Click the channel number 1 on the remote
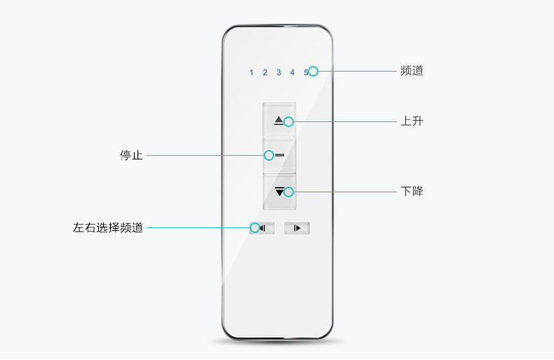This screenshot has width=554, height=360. click(251, 72)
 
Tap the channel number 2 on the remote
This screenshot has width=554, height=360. click(265, 72)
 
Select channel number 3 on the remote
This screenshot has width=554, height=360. click(279, 72)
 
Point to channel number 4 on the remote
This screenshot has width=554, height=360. click(292, 72)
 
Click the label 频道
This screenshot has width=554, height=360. click(412, 71)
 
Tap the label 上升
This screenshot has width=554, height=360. click(412, 121)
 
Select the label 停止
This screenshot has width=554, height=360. click(131, 155)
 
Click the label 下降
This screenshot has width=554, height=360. click(412, 192)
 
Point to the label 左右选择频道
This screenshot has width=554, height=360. click(108, 227)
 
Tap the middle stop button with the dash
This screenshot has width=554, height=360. click(280, 156)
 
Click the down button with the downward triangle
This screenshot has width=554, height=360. click(280, 192)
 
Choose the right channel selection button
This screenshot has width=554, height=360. click(297, 228)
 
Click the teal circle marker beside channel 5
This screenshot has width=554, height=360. click(313, 72)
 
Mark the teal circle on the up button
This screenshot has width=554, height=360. click(288, 121)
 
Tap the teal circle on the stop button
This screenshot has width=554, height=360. click(269, 155)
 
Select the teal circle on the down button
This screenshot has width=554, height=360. click(288, 192)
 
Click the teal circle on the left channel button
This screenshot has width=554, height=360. click(255, 228)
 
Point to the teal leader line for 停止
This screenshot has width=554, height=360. click(205, 155)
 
